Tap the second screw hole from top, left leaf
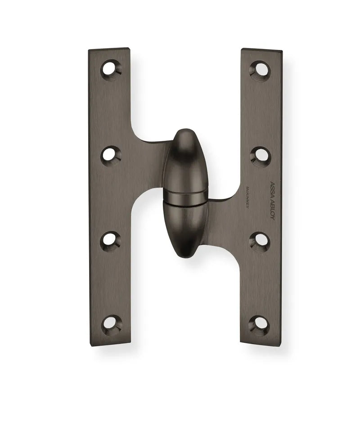coord(109,155)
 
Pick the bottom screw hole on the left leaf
coord(109,323)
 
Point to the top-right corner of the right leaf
coord(281,52)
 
